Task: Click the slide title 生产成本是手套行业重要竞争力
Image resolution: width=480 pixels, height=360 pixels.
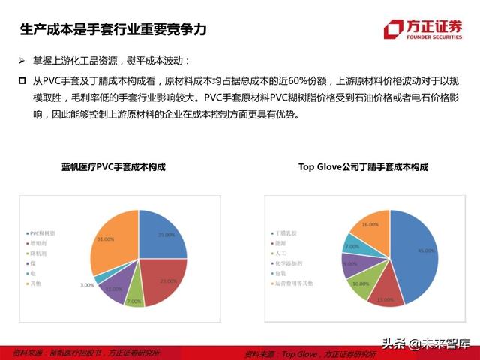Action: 112,30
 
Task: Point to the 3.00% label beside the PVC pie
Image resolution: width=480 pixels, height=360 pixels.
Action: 87,285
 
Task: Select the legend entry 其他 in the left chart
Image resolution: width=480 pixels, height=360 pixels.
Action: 37,283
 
